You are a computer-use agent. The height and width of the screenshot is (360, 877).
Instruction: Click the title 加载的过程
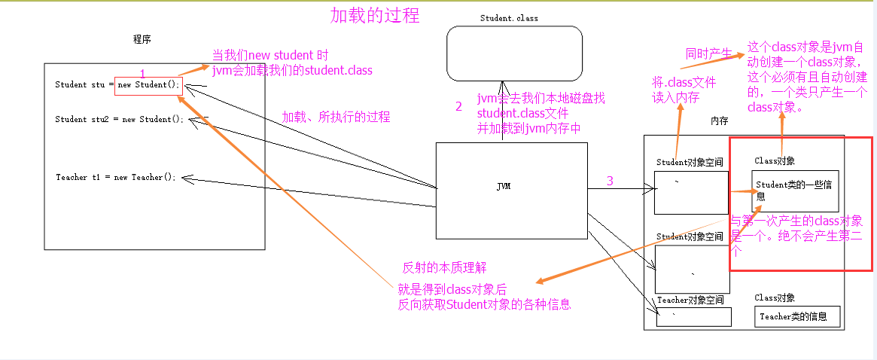[x=375, y=15]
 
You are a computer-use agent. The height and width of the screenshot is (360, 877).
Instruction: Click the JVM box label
[x=504, y=186]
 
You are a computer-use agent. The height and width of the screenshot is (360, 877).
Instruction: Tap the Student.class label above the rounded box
[x=509, y=18]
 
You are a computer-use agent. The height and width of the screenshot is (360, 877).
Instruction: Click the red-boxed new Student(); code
[x=148, y=84]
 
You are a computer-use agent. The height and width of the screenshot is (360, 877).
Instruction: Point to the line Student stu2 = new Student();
[x=119, y=119]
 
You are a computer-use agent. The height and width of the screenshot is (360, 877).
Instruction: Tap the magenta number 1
[x=142, y=72]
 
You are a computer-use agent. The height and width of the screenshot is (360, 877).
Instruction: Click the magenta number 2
[x=458, y=106]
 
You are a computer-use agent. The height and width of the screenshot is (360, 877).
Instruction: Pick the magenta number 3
[x=610, y=181]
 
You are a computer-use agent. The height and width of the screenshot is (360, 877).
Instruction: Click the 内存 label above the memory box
[x=719, y=121]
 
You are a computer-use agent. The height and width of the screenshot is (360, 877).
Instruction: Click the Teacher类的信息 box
[x=797, y=317]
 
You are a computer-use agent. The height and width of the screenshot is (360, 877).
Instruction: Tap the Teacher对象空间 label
[x=690, y=300]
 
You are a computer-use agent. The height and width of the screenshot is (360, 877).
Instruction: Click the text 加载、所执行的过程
[x=336, y=117]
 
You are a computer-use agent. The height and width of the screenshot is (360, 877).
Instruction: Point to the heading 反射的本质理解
[x=444, y=267]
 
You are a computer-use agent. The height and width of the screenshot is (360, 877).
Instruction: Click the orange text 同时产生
[x=708, y=54]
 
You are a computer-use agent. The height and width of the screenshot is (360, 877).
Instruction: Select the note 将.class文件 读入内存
[x=684, y=90]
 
